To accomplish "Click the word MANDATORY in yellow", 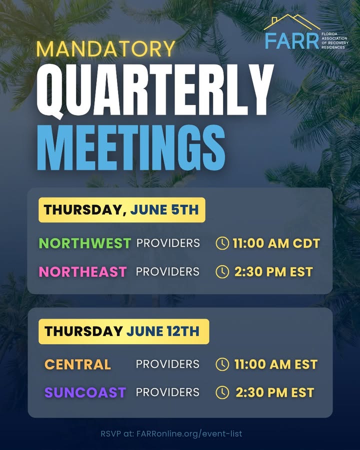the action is [x=106, y=49].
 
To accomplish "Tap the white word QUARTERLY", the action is [x=155, y=91].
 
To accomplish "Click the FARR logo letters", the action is [x=292, y=41].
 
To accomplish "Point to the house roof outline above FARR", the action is [x=292, y=22].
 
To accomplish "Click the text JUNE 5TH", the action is [x=164, y=210].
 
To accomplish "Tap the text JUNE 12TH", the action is [x=163, y=331].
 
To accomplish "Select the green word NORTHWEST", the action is [x=85, y=243].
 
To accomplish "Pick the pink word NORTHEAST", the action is [x=83, y=272].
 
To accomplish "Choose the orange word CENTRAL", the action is [x=78, y=364].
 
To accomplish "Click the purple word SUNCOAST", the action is [x=85, y=392].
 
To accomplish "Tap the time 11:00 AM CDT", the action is [x=276, y=243].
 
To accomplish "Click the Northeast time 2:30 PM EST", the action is [x=273, y=272].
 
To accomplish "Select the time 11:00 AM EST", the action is [x=276, y=364].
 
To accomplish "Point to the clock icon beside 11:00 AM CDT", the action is [x=222, y=243].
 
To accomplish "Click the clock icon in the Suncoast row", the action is [x=222, y=392].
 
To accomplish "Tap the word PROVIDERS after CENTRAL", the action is [x=167, y=364].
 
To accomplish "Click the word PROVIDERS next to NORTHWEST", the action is [x=168, y=243].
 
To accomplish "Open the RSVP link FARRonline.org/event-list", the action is [x=189, y=433].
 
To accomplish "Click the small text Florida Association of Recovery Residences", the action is [x=334, y=40].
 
